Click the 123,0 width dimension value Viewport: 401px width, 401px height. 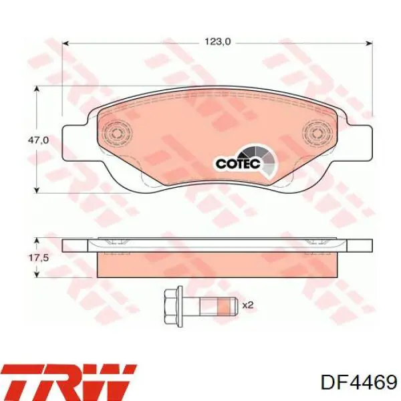click(218, 41)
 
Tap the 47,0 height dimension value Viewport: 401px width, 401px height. click(38, 140)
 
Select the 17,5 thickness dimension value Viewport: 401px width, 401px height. click(38, 258)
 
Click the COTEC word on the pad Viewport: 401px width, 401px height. click(238, 164)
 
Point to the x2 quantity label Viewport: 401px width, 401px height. click(247, 305)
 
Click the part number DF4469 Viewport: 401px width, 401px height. click(359, 383)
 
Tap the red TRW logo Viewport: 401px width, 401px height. click(69, 382)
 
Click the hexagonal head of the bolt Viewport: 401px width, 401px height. click(173, 305)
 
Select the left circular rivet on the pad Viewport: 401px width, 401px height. click(117, 133)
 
